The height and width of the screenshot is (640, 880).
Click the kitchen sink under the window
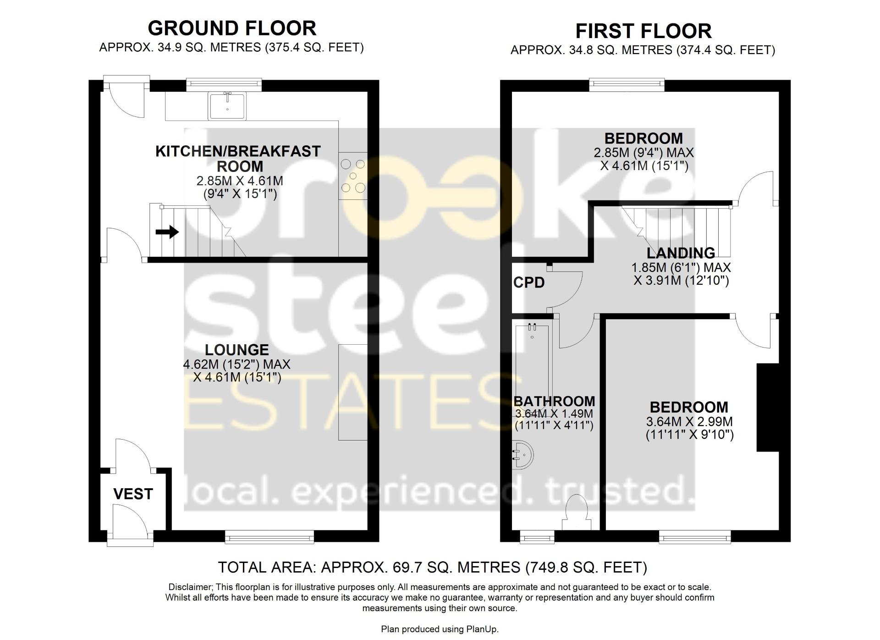coord(227,105)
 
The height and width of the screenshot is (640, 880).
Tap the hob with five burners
coord(353,176)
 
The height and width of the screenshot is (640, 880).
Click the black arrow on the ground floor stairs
coord(167,232)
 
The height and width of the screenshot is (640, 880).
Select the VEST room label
coord(133,494)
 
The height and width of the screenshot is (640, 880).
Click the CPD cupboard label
coord(529,282)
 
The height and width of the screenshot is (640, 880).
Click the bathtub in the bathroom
coord(532,362)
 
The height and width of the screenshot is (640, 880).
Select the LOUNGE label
coord(236,350)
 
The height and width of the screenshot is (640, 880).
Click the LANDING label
coord(681,253)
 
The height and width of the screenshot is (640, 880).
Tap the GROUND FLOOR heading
coord(232,28)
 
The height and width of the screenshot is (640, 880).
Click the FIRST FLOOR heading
coord(643,31)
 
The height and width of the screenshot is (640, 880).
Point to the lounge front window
coord(269,537)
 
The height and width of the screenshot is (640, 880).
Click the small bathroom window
coord(537,537)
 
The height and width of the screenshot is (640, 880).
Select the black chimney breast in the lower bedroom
coord(767,407)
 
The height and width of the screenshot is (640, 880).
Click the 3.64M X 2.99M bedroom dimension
coord(689,421)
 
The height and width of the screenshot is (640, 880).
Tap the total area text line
coord(432,567)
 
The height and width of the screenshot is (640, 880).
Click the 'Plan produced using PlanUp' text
coord(440,629)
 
